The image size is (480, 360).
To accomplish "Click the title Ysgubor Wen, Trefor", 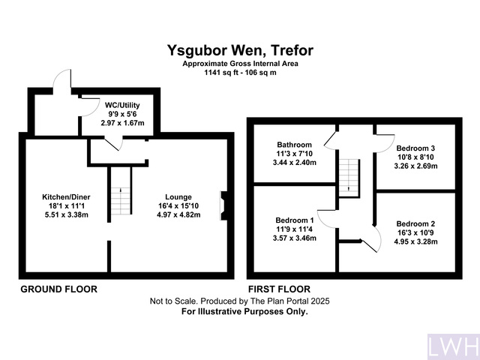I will click(x=240, y=51).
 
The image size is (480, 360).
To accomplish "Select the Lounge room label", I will click(x=178, y=197).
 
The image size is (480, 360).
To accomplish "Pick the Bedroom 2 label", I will click(x=415, y=223).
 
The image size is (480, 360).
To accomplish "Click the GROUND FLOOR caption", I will click(x=58, y=289).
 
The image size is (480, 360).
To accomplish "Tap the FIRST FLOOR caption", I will click(x=279, y=289).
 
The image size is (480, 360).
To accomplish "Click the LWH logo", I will click(x=452, y=346).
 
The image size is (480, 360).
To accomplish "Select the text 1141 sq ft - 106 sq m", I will click(x=240, y=73).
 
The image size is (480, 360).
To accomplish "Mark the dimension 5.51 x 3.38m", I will click(x=67, y=215).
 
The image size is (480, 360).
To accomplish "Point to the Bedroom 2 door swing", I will click(x=367, y=241).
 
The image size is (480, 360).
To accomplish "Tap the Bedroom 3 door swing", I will click(x=383, y=139).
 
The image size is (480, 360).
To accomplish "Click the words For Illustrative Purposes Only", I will click(x=244, y=310).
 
